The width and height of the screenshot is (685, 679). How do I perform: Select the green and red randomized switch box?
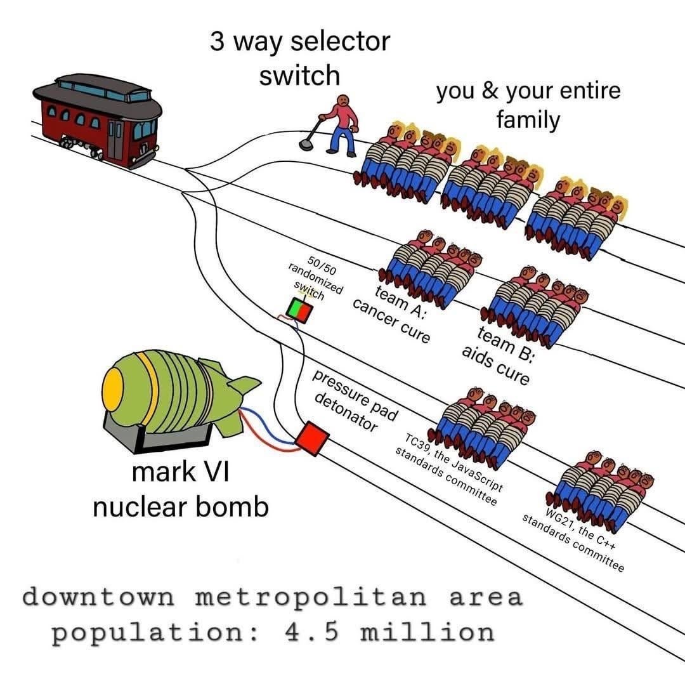point(299,310)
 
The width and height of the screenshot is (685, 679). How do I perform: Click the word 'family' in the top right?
point(528,119)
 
